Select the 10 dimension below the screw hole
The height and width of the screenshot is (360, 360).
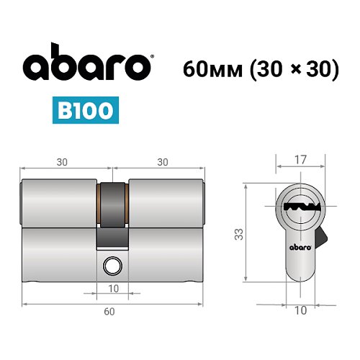[112, 289]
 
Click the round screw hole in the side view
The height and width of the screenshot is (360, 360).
[112, 264]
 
